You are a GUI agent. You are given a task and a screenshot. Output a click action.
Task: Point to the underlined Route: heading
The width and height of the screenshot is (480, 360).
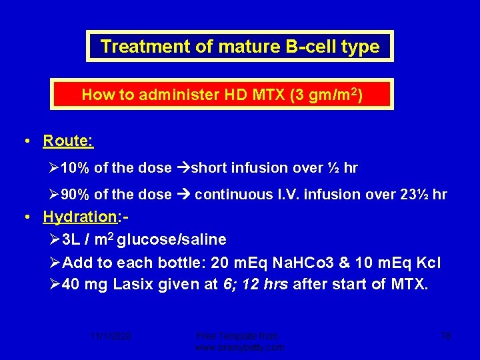(x=68, y=141)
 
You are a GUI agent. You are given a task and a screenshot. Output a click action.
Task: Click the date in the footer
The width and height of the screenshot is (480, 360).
(x=112, y=337)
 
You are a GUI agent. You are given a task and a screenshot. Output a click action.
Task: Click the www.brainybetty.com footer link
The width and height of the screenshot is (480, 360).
(x=239, y=347)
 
